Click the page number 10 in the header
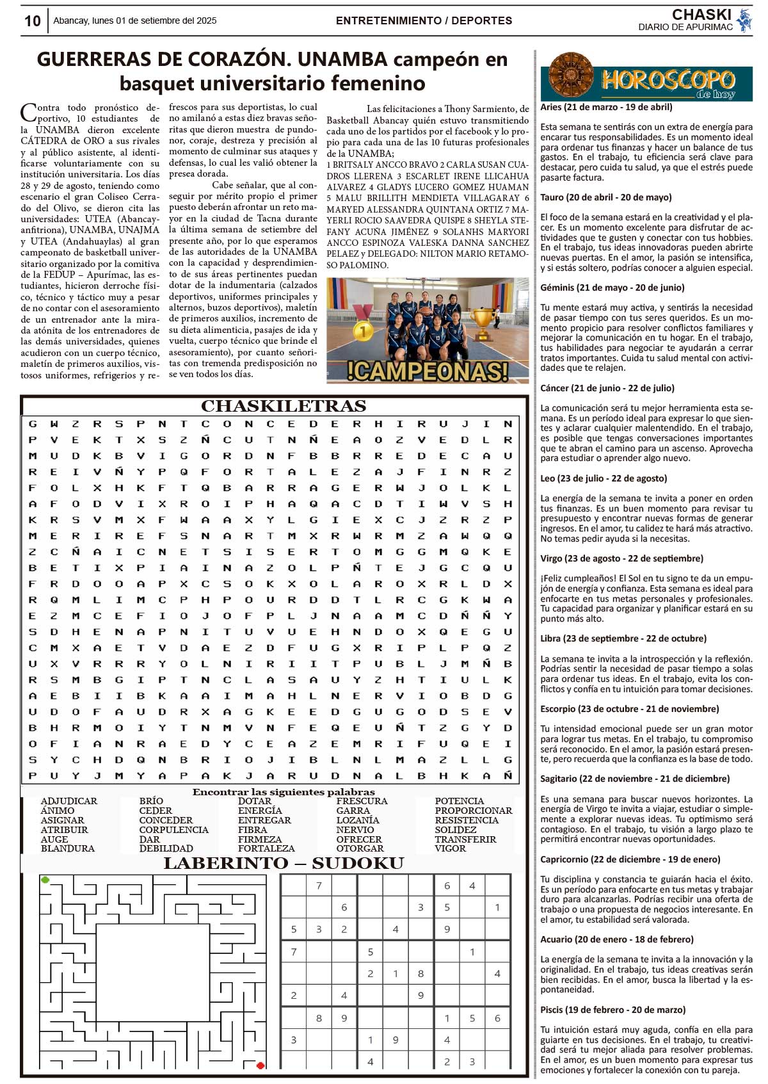point(32,21)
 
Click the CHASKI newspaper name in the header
point(701,15)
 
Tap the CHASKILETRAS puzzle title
point(284,406)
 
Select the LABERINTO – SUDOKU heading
point(284,863)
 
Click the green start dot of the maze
point(45,880)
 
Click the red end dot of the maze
point(260,1065)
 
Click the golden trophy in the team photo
point(484,322)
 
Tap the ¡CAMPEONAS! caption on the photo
point(428,371)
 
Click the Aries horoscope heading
point(606,107)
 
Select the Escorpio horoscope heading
point(629,709)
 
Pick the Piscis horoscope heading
point(612,1010)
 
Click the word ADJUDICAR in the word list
point(69,801)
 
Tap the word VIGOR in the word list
point(451,848)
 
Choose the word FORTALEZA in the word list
point(266,848)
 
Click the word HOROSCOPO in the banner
point(668,79)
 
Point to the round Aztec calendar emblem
point(571,76)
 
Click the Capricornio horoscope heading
point(630,859)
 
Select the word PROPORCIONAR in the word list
point(474,811)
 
